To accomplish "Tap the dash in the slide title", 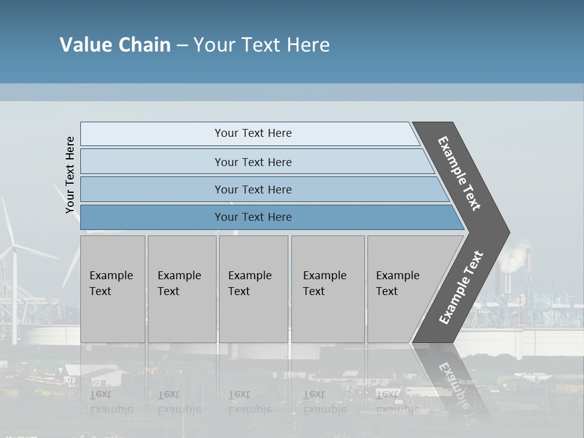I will (x=182, y=46).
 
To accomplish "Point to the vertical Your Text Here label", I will (x=70, y=175).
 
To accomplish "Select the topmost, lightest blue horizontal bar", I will (x=249, y=133).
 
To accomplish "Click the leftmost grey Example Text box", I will (x=113, y=288).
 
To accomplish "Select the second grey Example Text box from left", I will (x=182, y=288).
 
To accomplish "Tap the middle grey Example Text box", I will (x=253, y=288).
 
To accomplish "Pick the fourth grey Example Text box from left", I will (x=328, y=288).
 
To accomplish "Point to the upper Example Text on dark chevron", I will (x=459, y=173).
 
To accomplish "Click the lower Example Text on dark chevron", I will (x=461, y=287).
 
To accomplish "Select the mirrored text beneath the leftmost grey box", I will (x=111, y=401).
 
